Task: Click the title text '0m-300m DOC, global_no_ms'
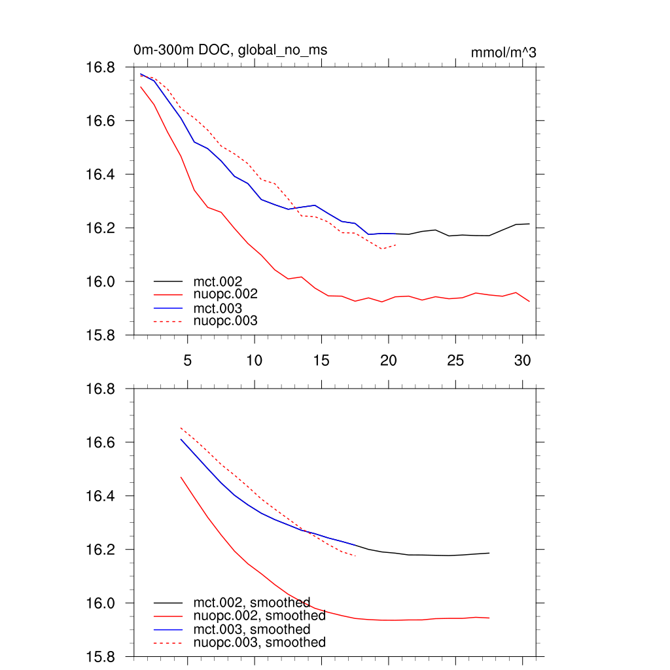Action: [x=230, y=50]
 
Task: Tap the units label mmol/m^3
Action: [x=503, y=52]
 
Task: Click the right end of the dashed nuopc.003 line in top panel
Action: [x=396, y=245]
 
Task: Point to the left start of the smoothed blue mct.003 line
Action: [x=181, y=439]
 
